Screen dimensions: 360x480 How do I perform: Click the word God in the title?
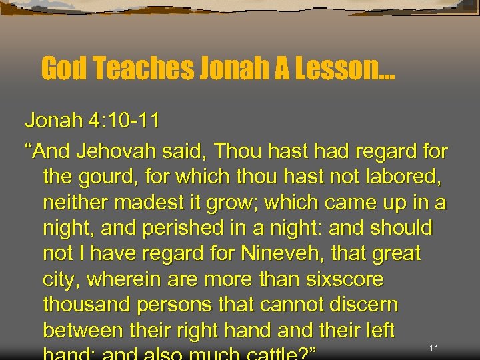coord(65,68)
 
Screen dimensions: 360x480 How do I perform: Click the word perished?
coord(176,229)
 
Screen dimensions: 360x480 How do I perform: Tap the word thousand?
coord(89,305)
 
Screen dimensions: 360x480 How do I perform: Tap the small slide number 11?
coord(434,347)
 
